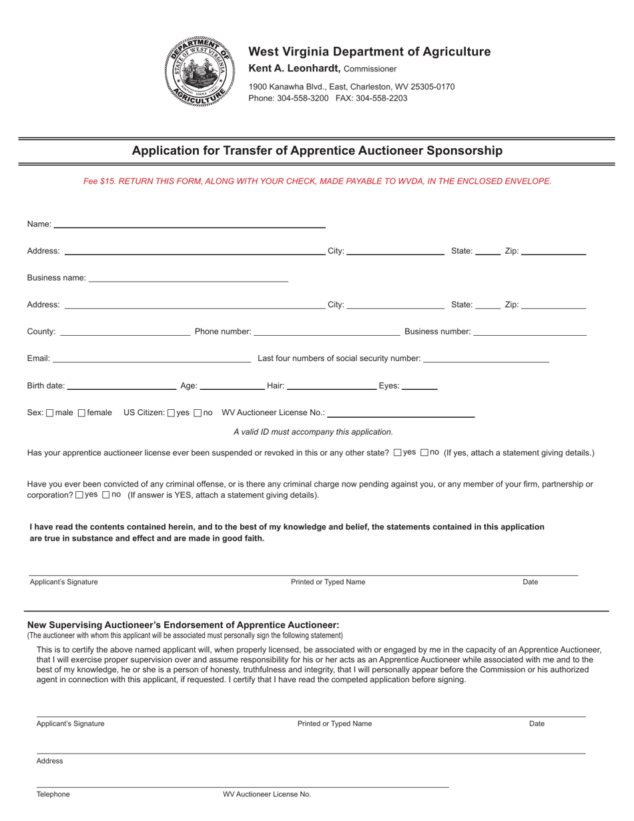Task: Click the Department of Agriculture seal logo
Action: [x=200, y=71]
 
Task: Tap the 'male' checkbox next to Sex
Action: [x=50, y=413]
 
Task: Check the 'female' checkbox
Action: [x=82, y=413]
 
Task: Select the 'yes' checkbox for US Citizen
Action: [x=172, y=413]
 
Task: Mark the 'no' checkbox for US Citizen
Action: [x=198, y=413]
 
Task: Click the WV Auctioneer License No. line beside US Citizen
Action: [x=400, y=415]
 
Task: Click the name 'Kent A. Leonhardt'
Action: [x=294, y=68]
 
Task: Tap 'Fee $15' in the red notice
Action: [x=99, y=181]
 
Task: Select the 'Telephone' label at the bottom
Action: [x=53, y=794]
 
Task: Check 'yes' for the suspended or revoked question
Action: [x=398, y=453]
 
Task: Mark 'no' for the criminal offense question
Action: [x=106, y=495]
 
